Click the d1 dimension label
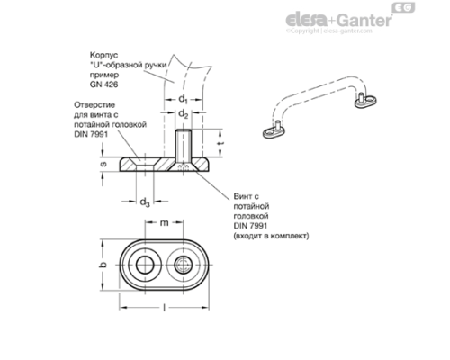tap(183, 98)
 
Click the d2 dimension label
tap(183, 114)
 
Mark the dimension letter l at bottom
tap(165, 309)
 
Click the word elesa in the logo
tap(308, 18)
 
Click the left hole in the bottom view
tap(145, 265)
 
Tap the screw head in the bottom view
tap(184, 265)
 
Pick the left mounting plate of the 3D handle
tap(272, 134)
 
